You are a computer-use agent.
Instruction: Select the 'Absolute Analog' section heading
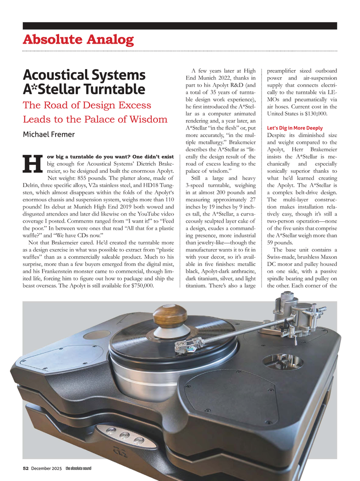click(78, 40)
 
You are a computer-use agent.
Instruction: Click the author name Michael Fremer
click(49, 134)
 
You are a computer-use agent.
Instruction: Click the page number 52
click(26, 468)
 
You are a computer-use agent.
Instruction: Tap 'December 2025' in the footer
click(46, 468)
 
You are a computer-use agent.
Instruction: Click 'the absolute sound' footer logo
click(78, 468)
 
